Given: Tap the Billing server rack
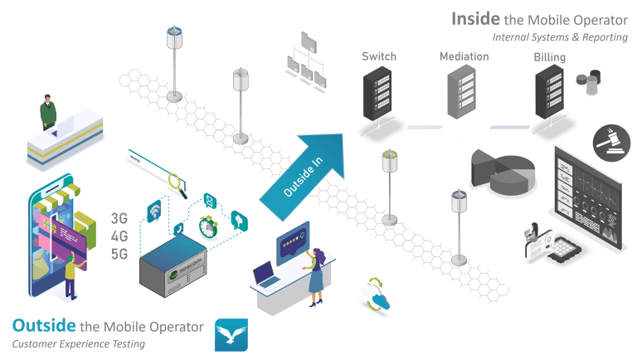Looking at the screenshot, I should tap(550, 94).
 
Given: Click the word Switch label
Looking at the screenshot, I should tap(378, 56).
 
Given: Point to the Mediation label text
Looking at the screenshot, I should tap(464, 56).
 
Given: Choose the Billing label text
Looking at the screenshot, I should tap(550, 56).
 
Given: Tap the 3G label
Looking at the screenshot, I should tap(119, 219).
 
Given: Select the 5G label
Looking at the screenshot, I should tap(119, 254).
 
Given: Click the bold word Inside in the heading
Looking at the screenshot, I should tap(475, 18).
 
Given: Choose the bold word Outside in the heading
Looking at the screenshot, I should tap(45, 326).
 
